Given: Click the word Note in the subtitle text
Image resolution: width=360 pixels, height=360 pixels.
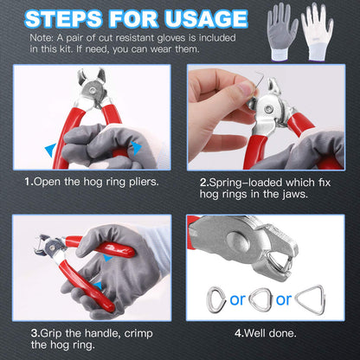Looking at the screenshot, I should point(41,38).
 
